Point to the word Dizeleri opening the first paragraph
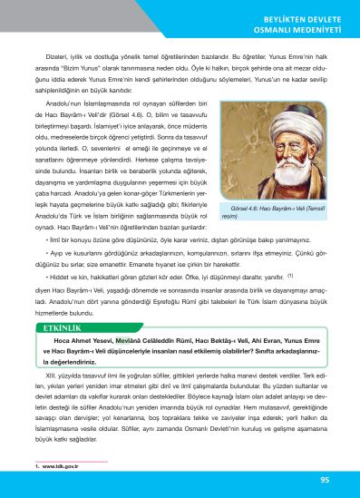coord(44,54)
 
